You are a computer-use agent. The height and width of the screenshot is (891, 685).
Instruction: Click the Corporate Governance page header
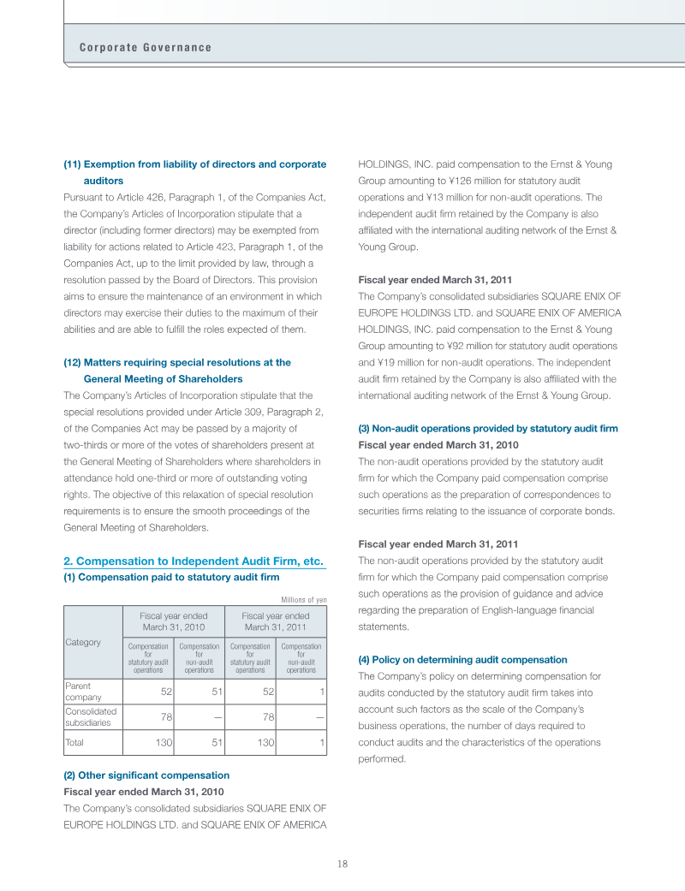click(145, 47)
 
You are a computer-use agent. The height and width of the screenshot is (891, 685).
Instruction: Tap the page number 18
click(342, 864)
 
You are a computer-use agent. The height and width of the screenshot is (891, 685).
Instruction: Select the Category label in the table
click(82, 642)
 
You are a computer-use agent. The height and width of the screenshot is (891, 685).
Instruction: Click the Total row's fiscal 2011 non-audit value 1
click(321, 742)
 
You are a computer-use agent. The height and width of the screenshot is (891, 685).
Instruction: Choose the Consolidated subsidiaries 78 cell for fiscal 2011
click(266, 716)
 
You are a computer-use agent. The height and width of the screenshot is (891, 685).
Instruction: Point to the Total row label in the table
click(74, 742)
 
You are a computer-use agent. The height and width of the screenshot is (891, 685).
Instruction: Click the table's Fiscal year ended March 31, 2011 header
click(275, 621)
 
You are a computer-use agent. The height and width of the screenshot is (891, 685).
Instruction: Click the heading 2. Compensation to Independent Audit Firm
click(194, 561)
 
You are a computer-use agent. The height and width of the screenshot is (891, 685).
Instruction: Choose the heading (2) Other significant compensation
click(146, 775)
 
